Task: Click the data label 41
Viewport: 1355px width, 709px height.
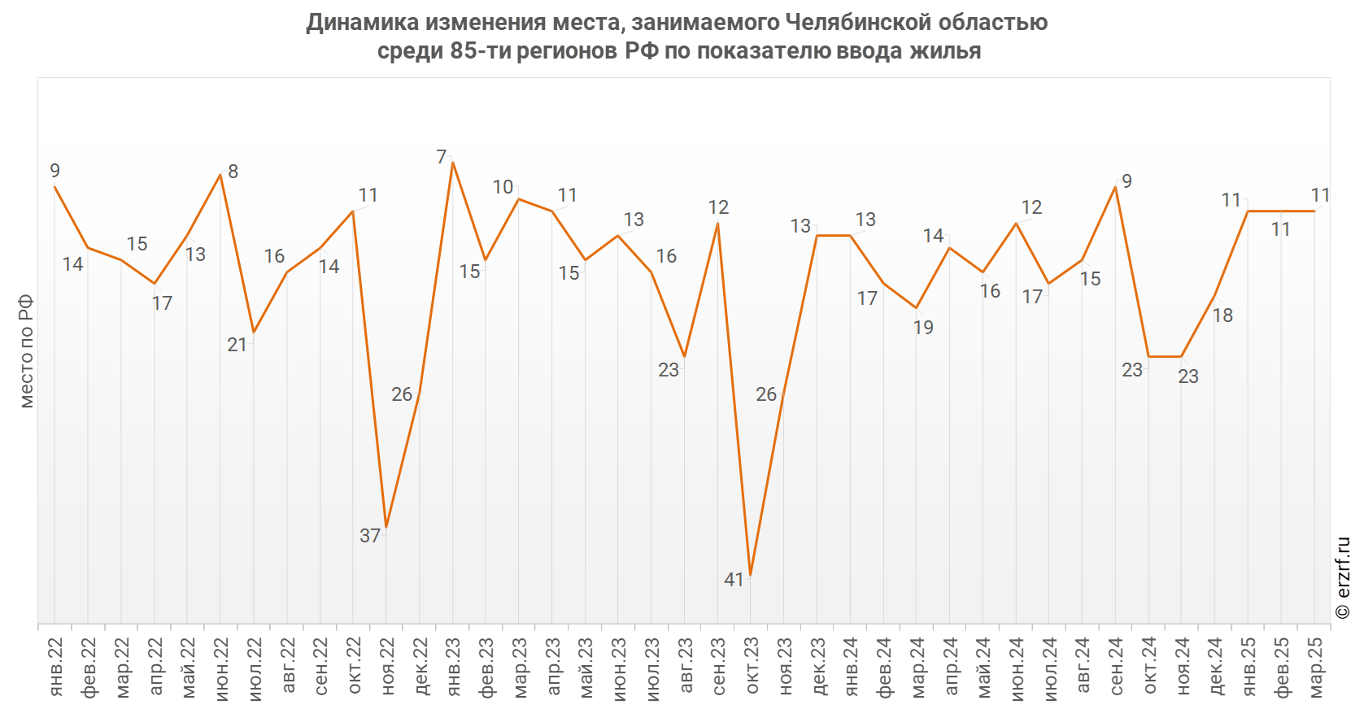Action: [x=734, y=580]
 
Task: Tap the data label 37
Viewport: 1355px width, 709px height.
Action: [x=370, y=536]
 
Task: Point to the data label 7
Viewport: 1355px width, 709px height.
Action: [x=442, y=157]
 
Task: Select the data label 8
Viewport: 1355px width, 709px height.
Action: [x=233, y=172]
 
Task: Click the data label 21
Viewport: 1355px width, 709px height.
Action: [x=237, y=345]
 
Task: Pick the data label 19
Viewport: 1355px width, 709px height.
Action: [x=923, y=328]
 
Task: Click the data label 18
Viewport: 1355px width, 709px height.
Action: [x=1222, y=315]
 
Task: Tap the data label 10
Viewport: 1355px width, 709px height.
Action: [x=503, y=187]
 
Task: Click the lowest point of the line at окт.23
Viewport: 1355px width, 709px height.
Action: [x=751, y=576]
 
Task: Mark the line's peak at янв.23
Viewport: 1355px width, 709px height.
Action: [x=452, y=163]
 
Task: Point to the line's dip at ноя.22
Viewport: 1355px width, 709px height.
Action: [x=386, y=528]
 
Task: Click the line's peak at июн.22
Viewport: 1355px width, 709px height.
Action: [x=220, y=175]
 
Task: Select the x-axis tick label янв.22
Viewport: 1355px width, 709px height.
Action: [x=55, y=667]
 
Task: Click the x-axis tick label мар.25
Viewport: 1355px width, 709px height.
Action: [x=1315, y=667]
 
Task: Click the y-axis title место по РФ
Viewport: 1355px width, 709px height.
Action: [x=26, y=351]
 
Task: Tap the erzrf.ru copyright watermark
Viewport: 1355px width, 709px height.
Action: [x=1343, y=578]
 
